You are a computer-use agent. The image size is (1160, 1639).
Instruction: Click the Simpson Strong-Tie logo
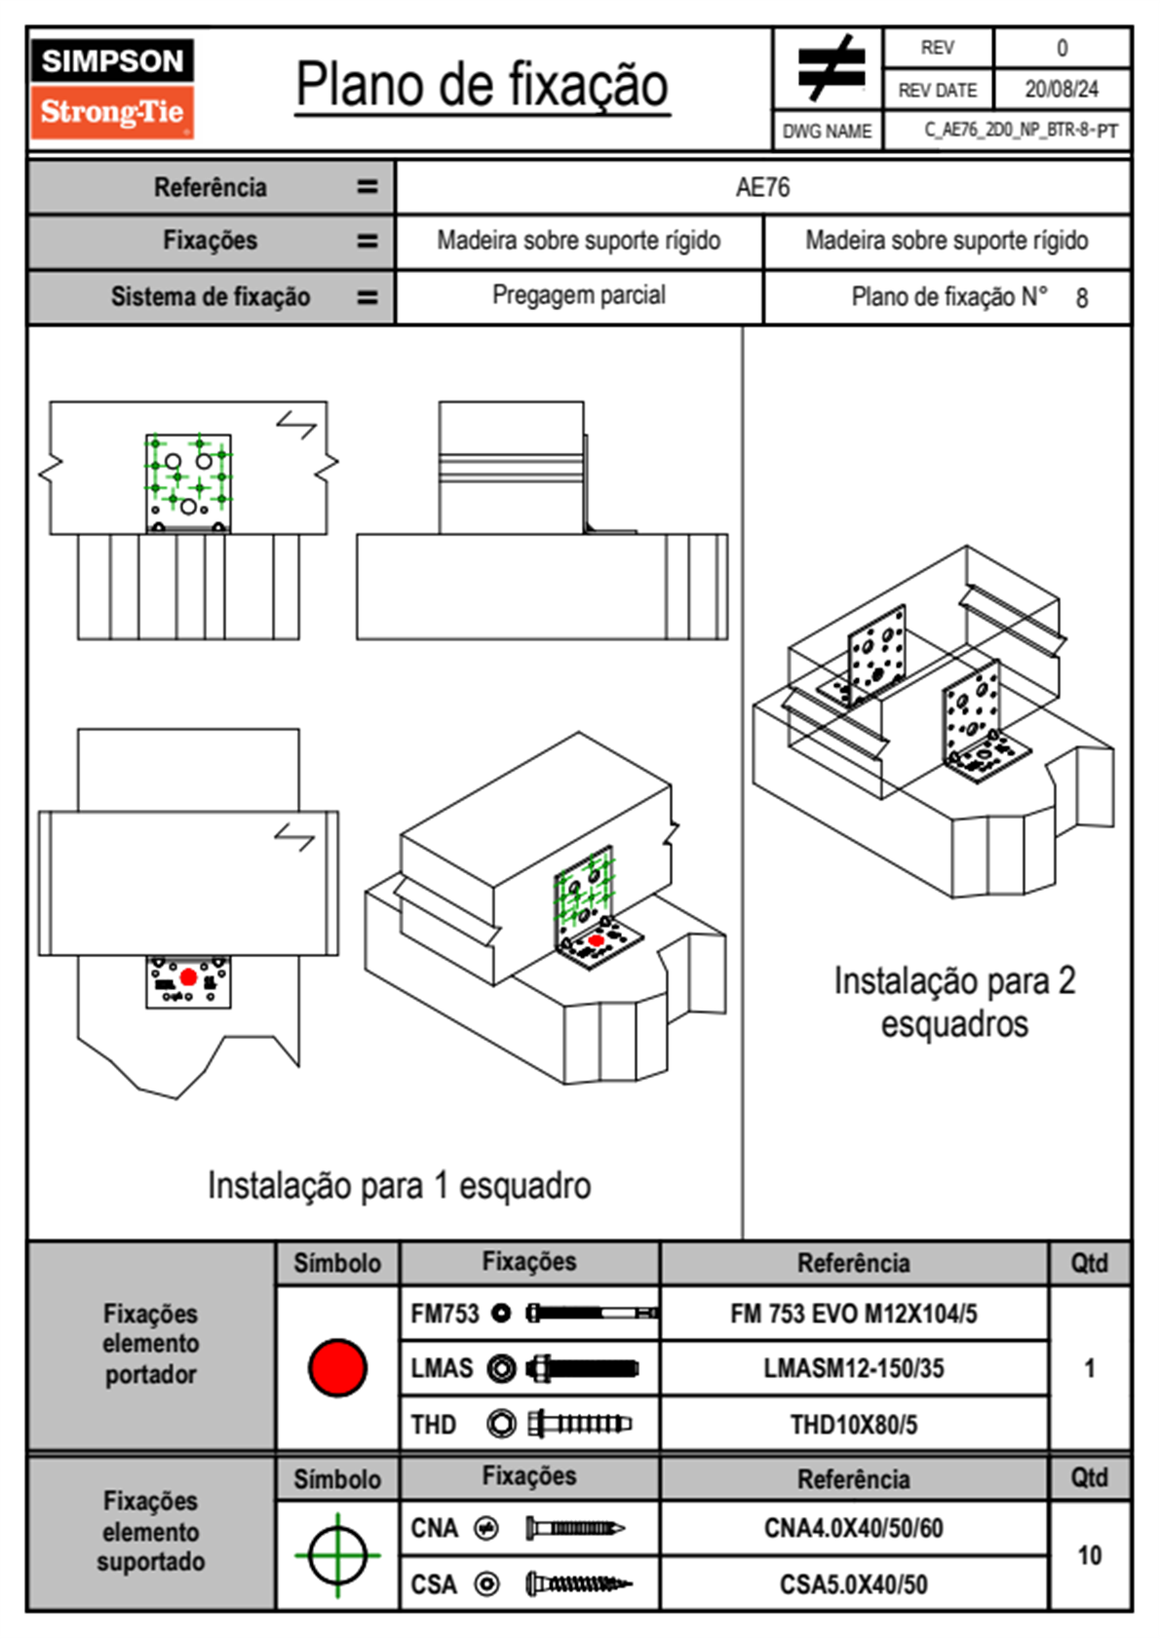(x=112, y=88)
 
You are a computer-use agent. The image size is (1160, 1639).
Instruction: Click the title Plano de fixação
(x=482, y=86)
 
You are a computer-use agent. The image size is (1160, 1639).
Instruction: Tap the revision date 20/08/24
(x=1061, y=90)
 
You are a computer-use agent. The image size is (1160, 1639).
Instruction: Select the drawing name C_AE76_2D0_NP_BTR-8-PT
(x=1020, y=131)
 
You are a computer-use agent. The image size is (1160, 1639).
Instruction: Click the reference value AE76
(x=762, y=187)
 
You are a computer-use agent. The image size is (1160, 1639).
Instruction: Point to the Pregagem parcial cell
(x=579, y=295)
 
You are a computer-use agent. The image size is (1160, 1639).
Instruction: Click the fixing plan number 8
(x=1081, y=298)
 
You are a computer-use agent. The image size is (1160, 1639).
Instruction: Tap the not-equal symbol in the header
(x=830, y=68)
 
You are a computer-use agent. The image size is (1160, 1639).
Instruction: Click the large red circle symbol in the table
(x=337, y=1367)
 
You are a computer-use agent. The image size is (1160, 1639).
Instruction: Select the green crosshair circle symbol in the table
(x=337, y=1555)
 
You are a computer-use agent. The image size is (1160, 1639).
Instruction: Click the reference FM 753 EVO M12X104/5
(x=853, y=1315)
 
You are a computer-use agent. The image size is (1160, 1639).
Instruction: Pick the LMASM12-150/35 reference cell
(x=853, y=1369)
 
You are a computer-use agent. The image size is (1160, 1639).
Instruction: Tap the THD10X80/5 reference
(x=853, y=1425)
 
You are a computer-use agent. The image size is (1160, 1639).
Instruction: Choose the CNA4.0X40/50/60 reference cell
(x=853, y=1528)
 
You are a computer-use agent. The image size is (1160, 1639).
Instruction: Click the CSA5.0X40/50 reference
(x=853, y=1584)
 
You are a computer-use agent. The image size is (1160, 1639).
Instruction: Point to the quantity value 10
(x=1089, y=1555)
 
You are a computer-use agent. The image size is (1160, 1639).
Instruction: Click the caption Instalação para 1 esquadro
(x=399, y=1186)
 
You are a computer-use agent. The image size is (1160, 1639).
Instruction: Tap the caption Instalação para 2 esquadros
(x=954, y=1002)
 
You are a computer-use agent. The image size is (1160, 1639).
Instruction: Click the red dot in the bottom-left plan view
(x=188, y=976)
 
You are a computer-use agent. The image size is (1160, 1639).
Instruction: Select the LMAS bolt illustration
(x=582, y=1368)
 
